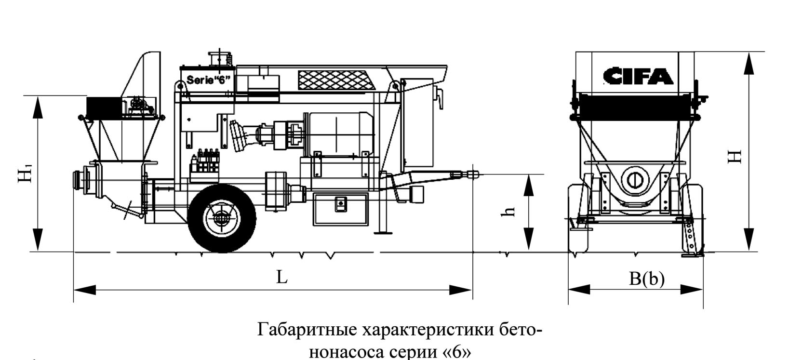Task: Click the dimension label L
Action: point(281,277)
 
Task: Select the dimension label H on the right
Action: point(735,157)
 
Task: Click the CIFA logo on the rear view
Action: point(637,76)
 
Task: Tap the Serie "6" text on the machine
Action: point(206,80)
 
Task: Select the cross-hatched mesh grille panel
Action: point(337,80)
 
